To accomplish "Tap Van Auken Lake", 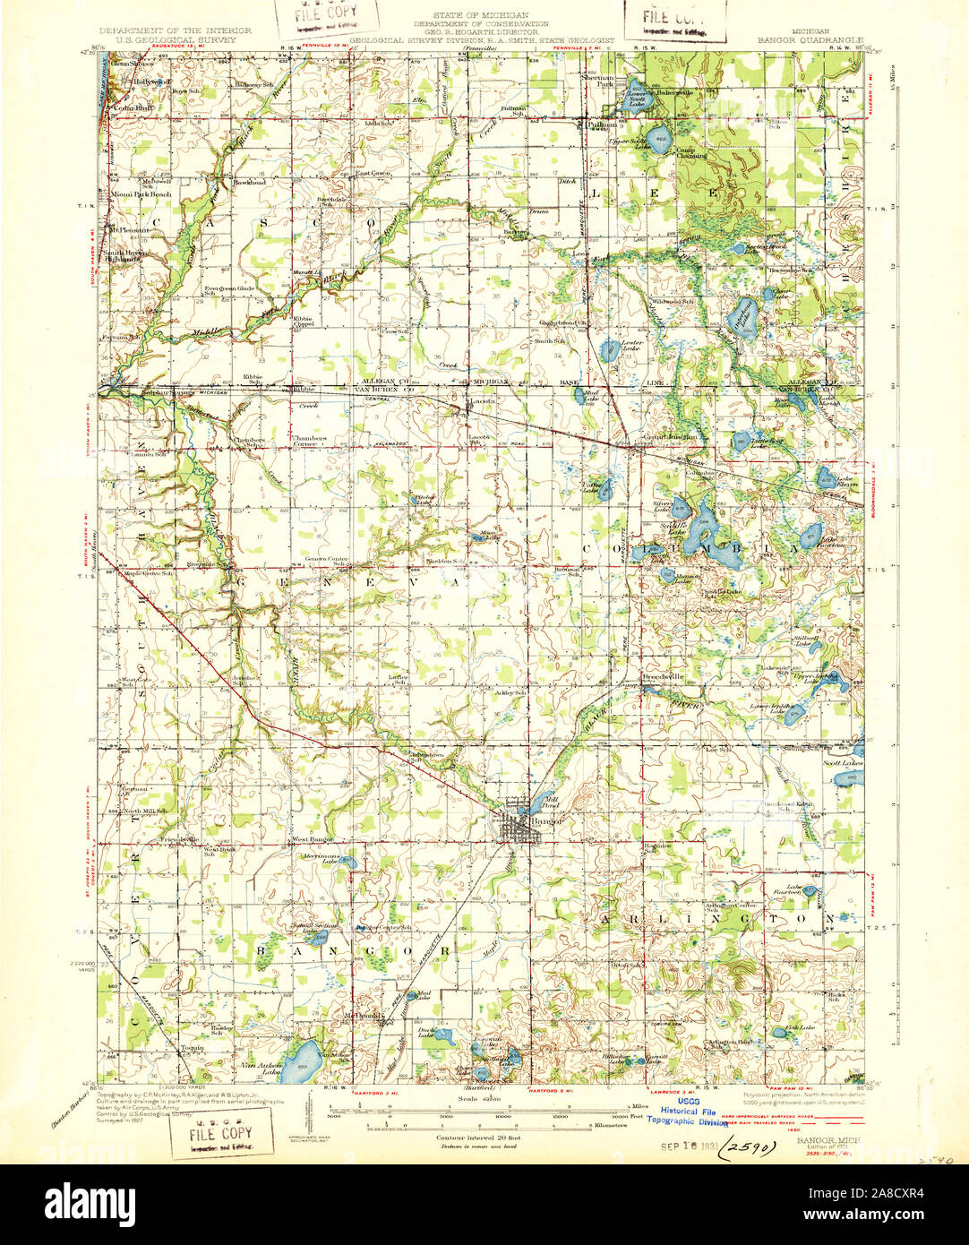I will (x=301, y=1059).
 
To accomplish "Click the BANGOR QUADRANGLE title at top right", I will (x=810, y=40).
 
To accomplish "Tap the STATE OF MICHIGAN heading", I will (x=481, y=17).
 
